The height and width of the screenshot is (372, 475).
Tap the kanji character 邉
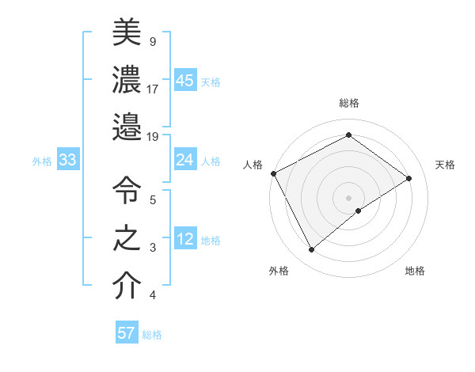(x=127, y=126)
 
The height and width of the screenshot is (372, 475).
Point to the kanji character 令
(x=127, y=190)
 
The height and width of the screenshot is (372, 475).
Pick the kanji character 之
(x=127, y=238)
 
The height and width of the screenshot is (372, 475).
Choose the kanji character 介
(x=127, y=287)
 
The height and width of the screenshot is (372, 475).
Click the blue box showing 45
(x=185, y=80)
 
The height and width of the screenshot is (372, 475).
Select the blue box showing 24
(x=185, y=160)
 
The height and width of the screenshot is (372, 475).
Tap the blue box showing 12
(x=185, y=239)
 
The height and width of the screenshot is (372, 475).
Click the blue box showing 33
(x=67, y=161)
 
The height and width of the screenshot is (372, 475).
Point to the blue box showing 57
(x=127, y=333)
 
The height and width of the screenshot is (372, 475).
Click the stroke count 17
(x=153, y=88)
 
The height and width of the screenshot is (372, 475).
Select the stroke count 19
(x=153, y=137)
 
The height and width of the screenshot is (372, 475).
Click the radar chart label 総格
(x=348, y=103)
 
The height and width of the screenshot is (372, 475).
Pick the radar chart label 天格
(x=445, y=165)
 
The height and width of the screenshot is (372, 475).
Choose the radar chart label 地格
(x=415, y=271)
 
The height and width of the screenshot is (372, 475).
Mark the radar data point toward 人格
(x=273, y=173)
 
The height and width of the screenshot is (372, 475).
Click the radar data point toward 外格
(x=311, y=250)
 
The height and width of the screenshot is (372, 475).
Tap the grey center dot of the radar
(x=348, y=197)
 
